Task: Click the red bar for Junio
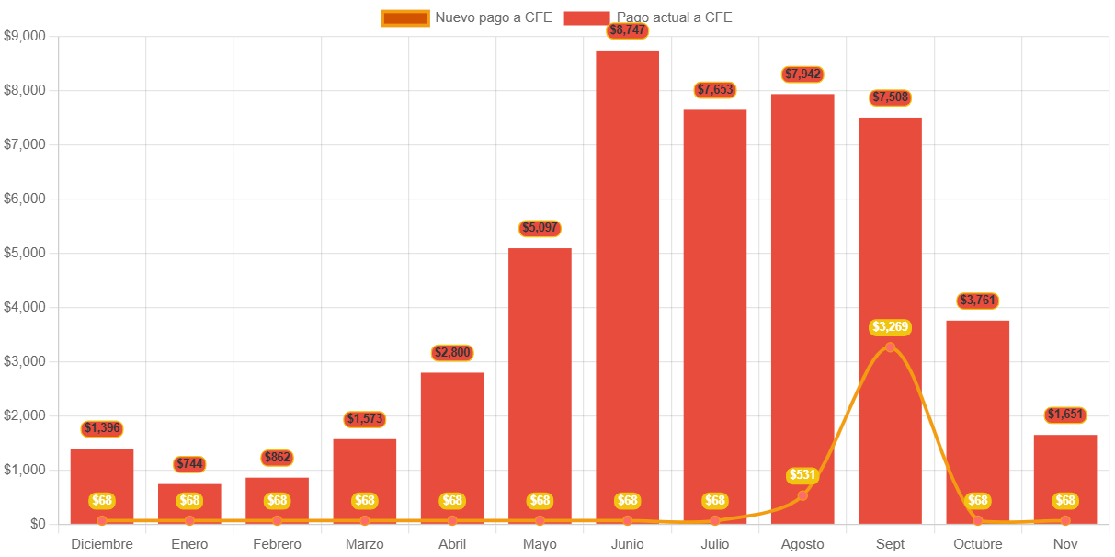[627, 276]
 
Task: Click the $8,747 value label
[628, 30]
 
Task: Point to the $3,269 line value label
[890, 326]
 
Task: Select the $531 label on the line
[802, 475]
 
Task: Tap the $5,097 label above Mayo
[540, 228]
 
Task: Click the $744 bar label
[189, 464]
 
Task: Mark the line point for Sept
[890, 347]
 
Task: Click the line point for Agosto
[802, 495]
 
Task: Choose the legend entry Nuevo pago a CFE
[467, 17]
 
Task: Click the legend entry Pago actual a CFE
[648, 17]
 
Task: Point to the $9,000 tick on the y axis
[25, 36]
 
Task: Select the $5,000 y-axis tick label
[25, 253]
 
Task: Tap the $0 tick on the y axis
[38, 524]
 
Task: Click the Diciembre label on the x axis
[102, 544]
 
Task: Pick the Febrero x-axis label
[277, 544]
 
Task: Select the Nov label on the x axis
[1064, 544]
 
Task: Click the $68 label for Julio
[715, 501]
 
